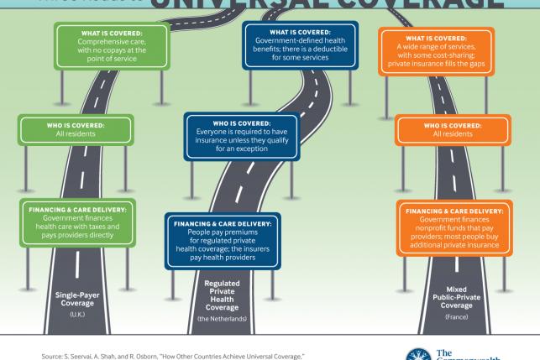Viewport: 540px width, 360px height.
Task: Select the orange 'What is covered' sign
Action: click(x=444, y=50)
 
